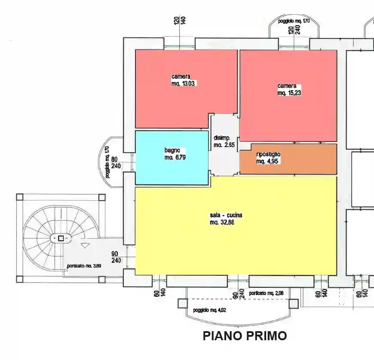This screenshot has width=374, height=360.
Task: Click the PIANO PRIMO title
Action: coord(245,335)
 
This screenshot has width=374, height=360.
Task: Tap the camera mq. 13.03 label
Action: coord(181,80)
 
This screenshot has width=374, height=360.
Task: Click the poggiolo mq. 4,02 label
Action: coord(209,310)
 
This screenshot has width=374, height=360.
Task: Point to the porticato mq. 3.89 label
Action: coord(84,266)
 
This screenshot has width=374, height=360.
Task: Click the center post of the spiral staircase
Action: coord(61,238)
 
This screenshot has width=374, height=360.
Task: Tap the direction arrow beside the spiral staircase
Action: coord(85,245)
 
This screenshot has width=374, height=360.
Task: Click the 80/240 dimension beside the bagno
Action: coord(114,163)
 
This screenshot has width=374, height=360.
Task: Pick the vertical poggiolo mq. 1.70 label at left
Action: coord(107,162)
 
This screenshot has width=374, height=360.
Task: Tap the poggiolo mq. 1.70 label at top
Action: coord(294,21)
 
